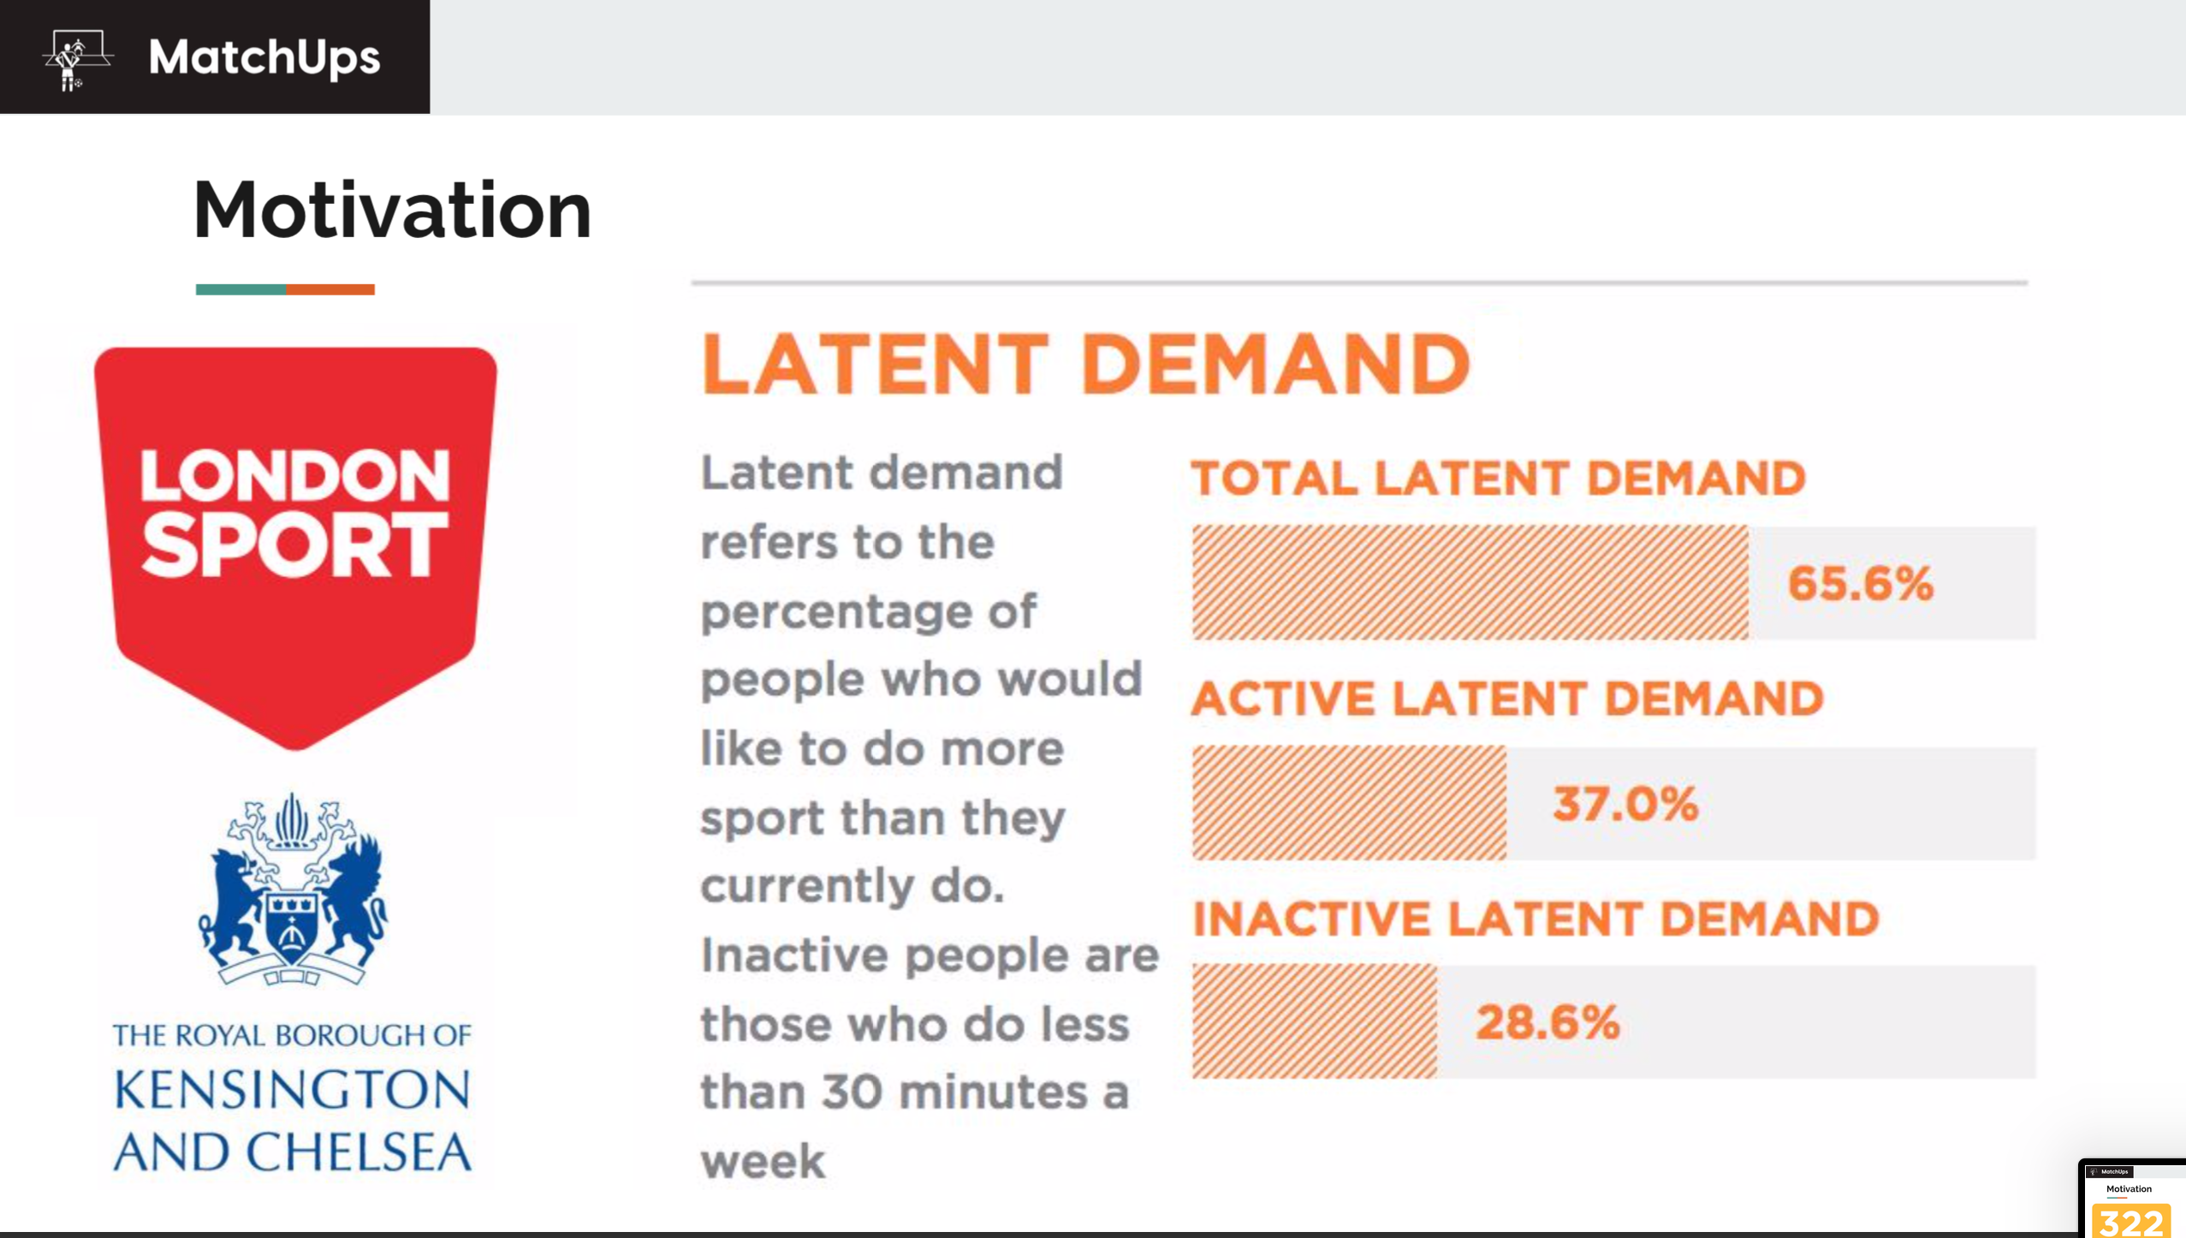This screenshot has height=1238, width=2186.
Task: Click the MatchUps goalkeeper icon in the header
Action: coord(77,59)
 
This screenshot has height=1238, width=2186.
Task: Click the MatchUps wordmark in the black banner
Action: coord(264,58)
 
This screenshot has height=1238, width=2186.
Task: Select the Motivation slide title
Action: coord(393,210)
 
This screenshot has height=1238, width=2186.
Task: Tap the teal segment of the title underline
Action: coord(241,289)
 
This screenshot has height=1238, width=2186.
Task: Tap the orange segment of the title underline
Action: coord(330,289)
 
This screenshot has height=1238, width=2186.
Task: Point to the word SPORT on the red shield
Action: coord(295,545)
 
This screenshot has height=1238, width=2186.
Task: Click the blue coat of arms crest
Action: coord(293,890)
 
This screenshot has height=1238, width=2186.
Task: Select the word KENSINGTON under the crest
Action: coord(293,1089)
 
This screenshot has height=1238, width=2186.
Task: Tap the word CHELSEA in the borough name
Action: coord(359,1152)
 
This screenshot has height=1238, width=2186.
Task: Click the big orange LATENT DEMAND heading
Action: coord(1085,365)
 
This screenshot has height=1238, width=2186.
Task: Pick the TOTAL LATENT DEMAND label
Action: coord(1498,478)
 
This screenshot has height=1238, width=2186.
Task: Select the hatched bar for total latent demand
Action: coord(1470,582)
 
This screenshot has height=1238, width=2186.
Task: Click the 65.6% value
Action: coord(1861,584)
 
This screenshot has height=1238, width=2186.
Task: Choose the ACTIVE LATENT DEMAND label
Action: coord(1507,699)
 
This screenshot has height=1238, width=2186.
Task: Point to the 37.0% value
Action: coord(1625,804)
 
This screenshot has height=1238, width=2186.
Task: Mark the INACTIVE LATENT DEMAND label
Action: coord(1536,920)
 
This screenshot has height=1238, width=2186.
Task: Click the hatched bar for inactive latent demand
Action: coord(1315,1021)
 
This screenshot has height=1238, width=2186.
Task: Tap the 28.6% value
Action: coord(1547,1022)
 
